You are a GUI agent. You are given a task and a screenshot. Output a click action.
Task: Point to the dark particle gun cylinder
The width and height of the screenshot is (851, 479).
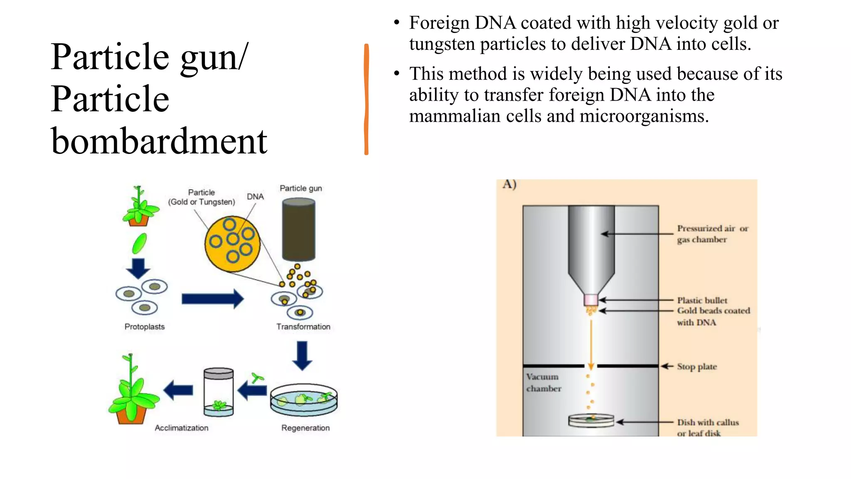298,230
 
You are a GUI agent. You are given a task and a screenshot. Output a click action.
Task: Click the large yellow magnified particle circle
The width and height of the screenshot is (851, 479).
232,244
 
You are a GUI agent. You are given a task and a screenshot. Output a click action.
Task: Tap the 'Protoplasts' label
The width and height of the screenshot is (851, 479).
145,327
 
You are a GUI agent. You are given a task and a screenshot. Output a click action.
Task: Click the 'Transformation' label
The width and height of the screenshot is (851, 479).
303,327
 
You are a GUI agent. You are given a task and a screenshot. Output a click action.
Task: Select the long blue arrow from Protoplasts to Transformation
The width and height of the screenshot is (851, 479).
212,299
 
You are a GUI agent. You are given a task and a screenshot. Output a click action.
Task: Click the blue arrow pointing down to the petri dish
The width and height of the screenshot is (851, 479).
302,356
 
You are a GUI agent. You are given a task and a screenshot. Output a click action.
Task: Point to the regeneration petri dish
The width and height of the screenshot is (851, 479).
304,400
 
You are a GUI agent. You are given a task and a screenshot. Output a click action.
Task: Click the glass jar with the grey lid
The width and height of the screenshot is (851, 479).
219,392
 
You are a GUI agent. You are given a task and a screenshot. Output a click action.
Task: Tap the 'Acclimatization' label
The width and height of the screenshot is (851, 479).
182,428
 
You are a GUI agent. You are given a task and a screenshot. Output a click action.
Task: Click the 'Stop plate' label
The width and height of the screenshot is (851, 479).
697,367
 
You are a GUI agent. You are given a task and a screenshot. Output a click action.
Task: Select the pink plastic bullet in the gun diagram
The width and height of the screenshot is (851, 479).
590,300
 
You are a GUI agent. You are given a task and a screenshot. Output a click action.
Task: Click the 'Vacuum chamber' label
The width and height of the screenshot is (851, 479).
544,383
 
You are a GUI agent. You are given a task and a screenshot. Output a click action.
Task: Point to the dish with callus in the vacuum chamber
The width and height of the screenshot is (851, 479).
590,421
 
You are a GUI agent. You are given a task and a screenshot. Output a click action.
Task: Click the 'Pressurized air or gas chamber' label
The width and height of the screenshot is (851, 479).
712,234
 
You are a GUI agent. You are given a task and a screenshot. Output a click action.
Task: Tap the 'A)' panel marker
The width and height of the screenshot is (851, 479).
509,184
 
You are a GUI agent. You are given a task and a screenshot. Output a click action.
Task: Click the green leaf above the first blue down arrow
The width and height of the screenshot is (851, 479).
139,244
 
